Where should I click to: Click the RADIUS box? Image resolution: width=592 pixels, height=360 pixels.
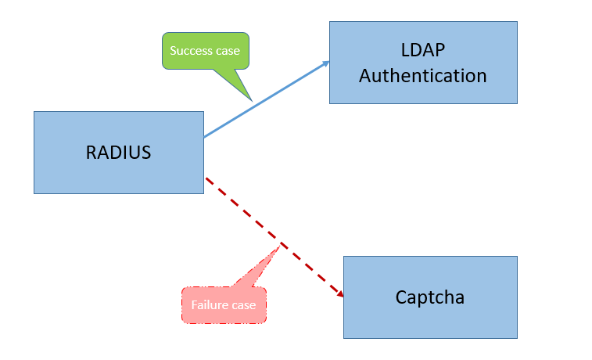119,153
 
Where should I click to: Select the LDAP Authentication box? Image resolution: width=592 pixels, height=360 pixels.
423,63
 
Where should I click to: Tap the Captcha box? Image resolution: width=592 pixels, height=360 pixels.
430,297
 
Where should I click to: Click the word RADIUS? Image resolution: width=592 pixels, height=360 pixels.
119,153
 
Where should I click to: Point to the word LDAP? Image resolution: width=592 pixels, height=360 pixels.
423,50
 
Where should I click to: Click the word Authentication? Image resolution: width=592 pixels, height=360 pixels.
423,76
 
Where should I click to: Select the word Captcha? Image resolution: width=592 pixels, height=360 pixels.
430,297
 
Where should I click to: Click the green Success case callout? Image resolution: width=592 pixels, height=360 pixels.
206,51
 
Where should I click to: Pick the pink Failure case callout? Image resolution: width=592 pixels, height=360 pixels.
224,305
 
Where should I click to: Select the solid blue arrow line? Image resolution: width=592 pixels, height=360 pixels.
267,99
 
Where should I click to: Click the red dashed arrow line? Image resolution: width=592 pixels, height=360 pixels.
274,237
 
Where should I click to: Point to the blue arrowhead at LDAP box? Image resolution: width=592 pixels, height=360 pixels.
326,63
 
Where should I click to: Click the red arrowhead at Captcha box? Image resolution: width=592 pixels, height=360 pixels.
340,294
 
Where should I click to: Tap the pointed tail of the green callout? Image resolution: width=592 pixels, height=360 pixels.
252,101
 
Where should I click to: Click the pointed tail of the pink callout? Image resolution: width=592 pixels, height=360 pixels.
281,246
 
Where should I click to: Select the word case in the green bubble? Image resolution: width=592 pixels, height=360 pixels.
228,51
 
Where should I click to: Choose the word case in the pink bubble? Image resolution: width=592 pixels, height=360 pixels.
243,305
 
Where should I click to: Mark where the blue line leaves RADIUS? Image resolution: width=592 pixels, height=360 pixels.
204,137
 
